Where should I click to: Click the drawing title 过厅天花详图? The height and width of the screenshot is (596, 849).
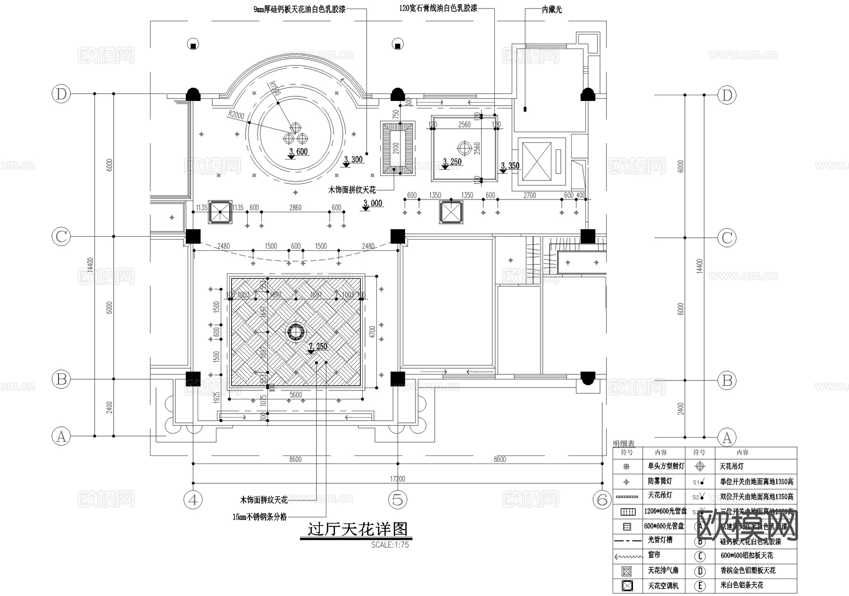point(357,529)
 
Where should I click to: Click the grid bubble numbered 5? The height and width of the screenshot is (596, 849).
point(398,499)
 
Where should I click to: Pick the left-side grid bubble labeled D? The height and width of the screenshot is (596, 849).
point(61,94)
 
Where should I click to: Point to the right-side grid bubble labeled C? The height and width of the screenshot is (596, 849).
point(727,237)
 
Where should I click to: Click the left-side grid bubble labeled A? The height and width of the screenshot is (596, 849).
point(61,436)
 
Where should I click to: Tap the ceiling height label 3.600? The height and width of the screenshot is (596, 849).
point(298,151)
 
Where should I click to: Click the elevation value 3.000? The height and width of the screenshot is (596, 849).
point(373,203)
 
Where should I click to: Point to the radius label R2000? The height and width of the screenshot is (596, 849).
point(235,115)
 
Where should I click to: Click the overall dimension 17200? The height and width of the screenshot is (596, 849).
point(398,479)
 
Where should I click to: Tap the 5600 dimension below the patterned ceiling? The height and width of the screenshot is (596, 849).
point(296,395)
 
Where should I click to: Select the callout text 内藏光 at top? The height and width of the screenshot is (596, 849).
point(551,9)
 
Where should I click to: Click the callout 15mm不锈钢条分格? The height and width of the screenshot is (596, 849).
point(259,517)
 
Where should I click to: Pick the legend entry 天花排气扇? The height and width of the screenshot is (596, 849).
point(663,571)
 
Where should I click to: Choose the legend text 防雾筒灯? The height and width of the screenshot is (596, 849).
point(659,481)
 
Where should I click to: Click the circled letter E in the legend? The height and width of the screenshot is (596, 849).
point(700,586)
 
